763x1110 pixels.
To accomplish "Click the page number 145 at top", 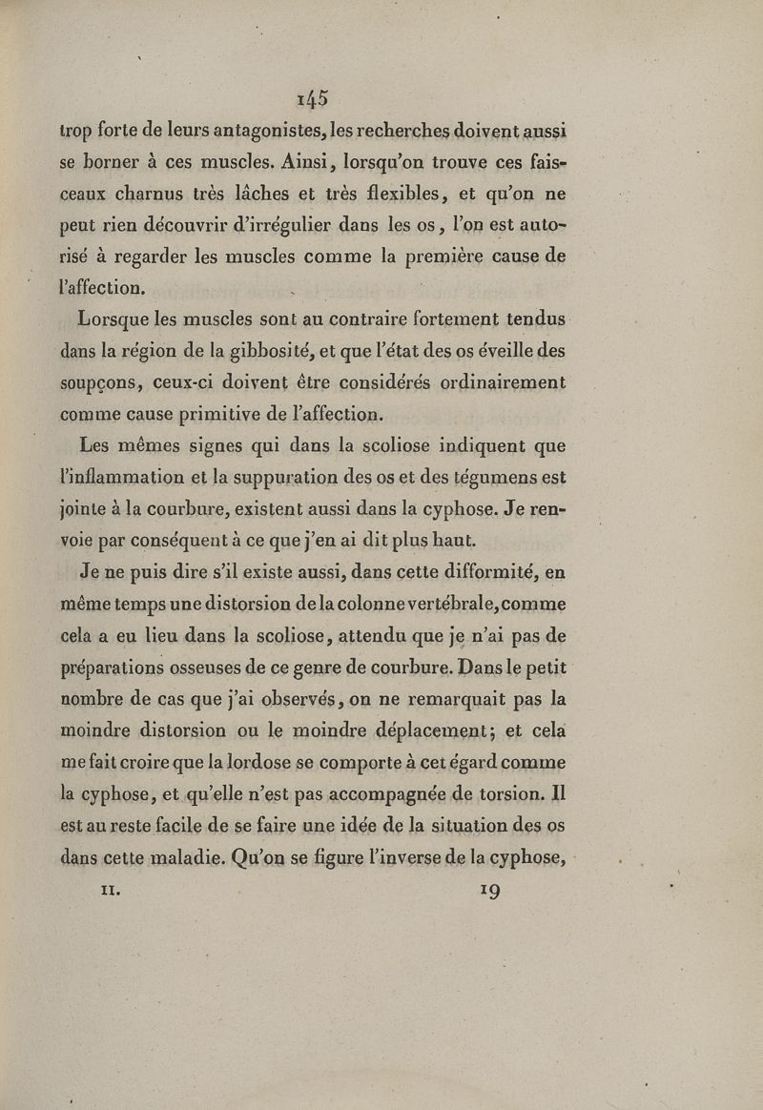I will tap(312, 98).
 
